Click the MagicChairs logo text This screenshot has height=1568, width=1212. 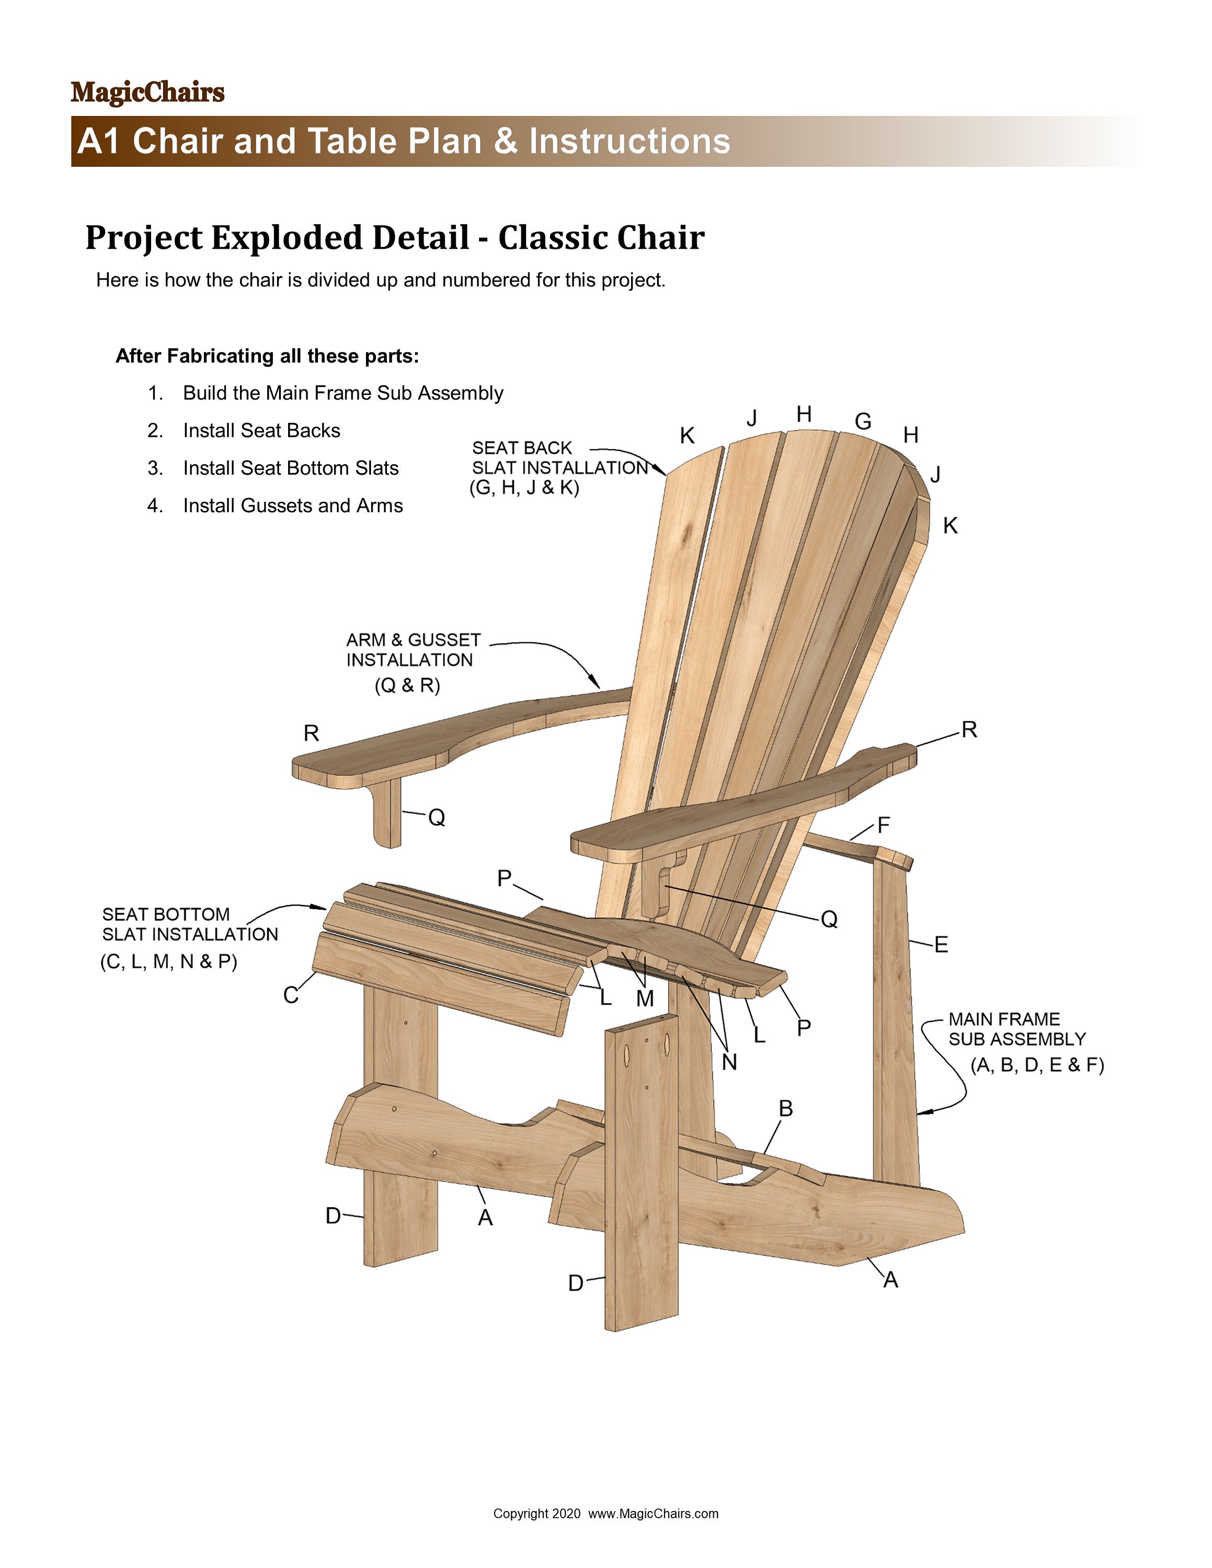(x=147, y=93)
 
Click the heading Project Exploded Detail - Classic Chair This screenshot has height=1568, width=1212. (x=394, y=238)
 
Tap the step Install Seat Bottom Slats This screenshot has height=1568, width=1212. (x=290, y=468)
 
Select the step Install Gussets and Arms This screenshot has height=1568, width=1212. (x=292, y=505)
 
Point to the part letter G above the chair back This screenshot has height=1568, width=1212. (x=863, y=421)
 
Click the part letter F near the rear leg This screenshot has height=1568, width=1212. (x=883, y=826)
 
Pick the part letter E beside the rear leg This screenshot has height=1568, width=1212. (x=941, y=945)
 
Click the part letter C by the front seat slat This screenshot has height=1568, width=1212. (x=290, y=995)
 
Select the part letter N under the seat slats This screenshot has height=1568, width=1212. (x=729, y=1063)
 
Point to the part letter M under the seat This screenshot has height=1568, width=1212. (x=645, y=999)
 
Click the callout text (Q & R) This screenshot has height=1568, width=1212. (x=407, y=686)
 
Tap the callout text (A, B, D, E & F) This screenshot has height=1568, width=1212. (x=1037, y=1065)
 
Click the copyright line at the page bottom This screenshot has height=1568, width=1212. (x=605, y=1514)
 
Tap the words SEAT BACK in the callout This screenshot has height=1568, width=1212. (x=521, y=448)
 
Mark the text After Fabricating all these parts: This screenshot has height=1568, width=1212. (x=267, y=356)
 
